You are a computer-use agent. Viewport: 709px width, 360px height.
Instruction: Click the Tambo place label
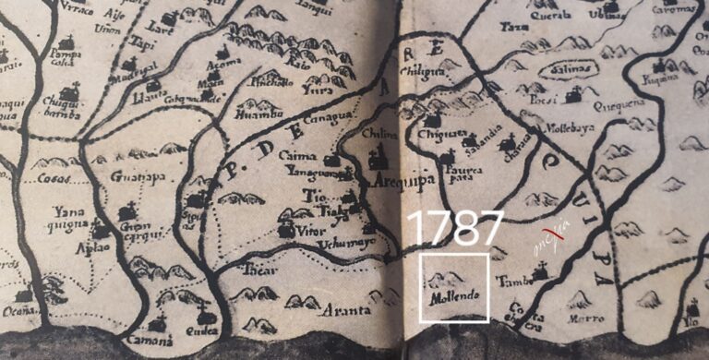511,280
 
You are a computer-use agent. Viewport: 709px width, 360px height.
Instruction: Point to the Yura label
318,91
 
